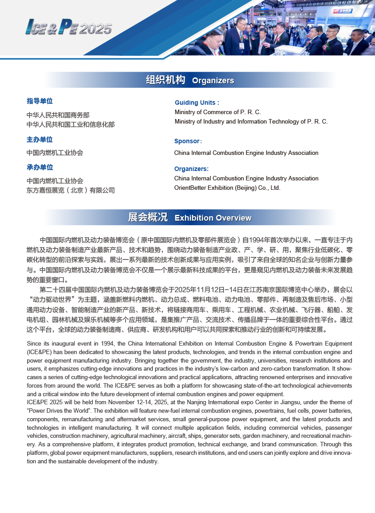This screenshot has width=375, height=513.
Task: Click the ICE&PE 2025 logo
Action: click(68, 27)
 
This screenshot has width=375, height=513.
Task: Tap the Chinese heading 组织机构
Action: click(165, 80)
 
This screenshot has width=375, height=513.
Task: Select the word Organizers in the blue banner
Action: click(213, 81)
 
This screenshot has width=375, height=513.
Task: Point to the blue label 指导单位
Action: click(40, 101)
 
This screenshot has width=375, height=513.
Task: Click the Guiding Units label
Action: click(197, 103)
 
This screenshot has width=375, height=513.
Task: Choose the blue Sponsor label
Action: click(188, 141)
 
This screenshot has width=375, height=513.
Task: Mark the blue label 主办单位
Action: click(40, 140)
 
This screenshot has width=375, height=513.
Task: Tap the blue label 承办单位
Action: click(40, 167)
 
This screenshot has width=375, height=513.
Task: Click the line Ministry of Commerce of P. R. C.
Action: click(218, 112)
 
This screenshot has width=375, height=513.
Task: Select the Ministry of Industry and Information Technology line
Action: click(251, 121)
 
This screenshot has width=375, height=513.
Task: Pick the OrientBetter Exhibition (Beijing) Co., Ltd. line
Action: click(227, 188)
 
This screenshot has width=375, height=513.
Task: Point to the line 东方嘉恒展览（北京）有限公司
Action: click(71, 190)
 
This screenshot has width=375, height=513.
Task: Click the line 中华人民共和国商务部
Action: click(58, 115)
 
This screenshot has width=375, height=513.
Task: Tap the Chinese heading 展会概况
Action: click(148, 218)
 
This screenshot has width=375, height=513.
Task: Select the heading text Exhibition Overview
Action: click(213, 218)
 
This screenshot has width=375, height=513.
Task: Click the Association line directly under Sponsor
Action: click(246, 153)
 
